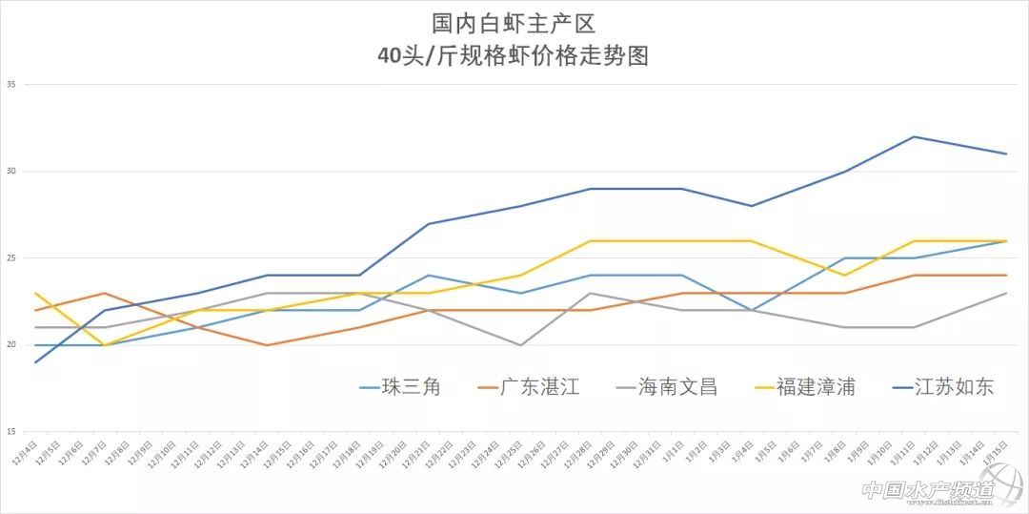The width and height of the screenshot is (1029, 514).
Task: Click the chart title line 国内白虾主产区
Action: [x=514, y=21]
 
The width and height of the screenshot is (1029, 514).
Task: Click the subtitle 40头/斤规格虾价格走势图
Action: [x=514, y=55]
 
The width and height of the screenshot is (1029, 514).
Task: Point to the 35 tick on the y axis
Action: [x=11, y=84]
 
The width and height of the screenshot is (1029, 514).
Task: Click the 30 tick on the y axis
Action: [x=11, y=172]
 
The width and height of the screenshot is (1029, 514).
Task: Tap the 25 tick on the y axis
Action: [x=11, y=258]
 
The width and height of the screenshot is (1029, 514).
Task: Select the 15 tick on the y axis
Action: [x=11, y=432]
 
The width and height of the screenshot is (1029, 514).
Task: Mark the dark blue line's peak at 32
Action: [x=915, y=136]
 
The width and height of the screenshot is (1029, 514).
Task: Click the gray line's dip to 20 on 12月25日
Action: [x=519, y=345]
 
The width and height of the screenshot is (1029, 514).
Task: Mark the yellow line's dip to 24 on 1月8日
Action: [x=844, y=276]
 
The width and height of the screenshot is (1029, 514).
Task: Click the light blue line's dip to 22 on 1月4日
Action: [x=752, y=310]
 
